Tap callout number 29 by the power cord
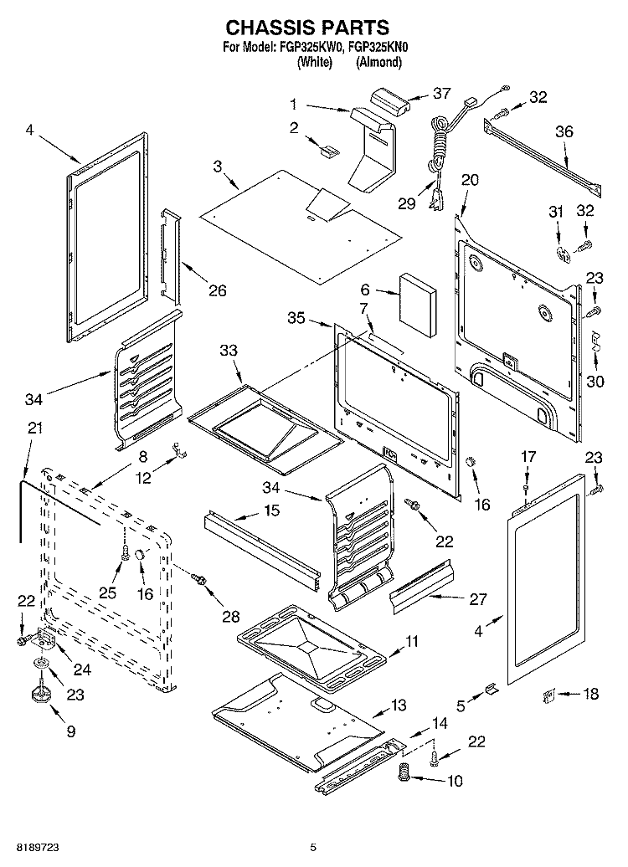click(x=407, y=203)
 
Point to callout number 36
click(x=564, y=131)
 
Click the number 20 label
click(x=470, y=179)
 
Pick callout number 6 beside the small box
click(x=365, y=289)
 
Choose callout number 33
click(x=229, y=352)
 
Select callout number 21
click(x=34, y=428)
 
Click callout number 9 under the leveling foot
click(x=70, y=731)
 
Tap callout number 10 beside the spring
click(x=456, y=782)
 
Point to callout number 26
click(x=217, y=291)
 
